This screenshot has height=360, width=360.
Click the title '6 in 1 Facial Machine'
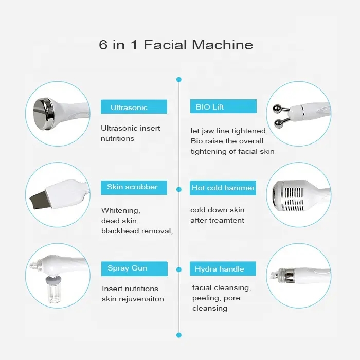pyautogui.click(x=176, y=45)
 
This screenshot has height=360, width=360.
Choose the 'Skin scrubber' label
pyautogui.click(x=132, y=187)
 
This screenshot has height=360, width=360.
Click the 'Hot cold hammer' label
pyautogui.click(x=223, y=188)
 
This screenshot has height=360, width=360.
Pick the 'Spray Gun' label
pyautogui.click(x=127, y=268)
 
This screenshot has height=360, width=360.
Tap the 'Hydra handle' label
pyautogui.click(x=219, y=269)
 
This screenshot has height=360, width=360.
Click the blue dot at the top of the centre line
pyautogui.click(x=179, y=80)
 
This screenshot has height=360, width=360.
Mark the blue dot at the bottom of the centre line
pyautogui.click(x=179, y=335)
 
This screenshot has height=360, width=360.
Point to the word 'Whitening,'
pyautogui.click(x=120, y=210)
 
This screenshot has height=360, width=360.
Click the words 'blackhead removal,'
pyautogui.click(x=137, y=231)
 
